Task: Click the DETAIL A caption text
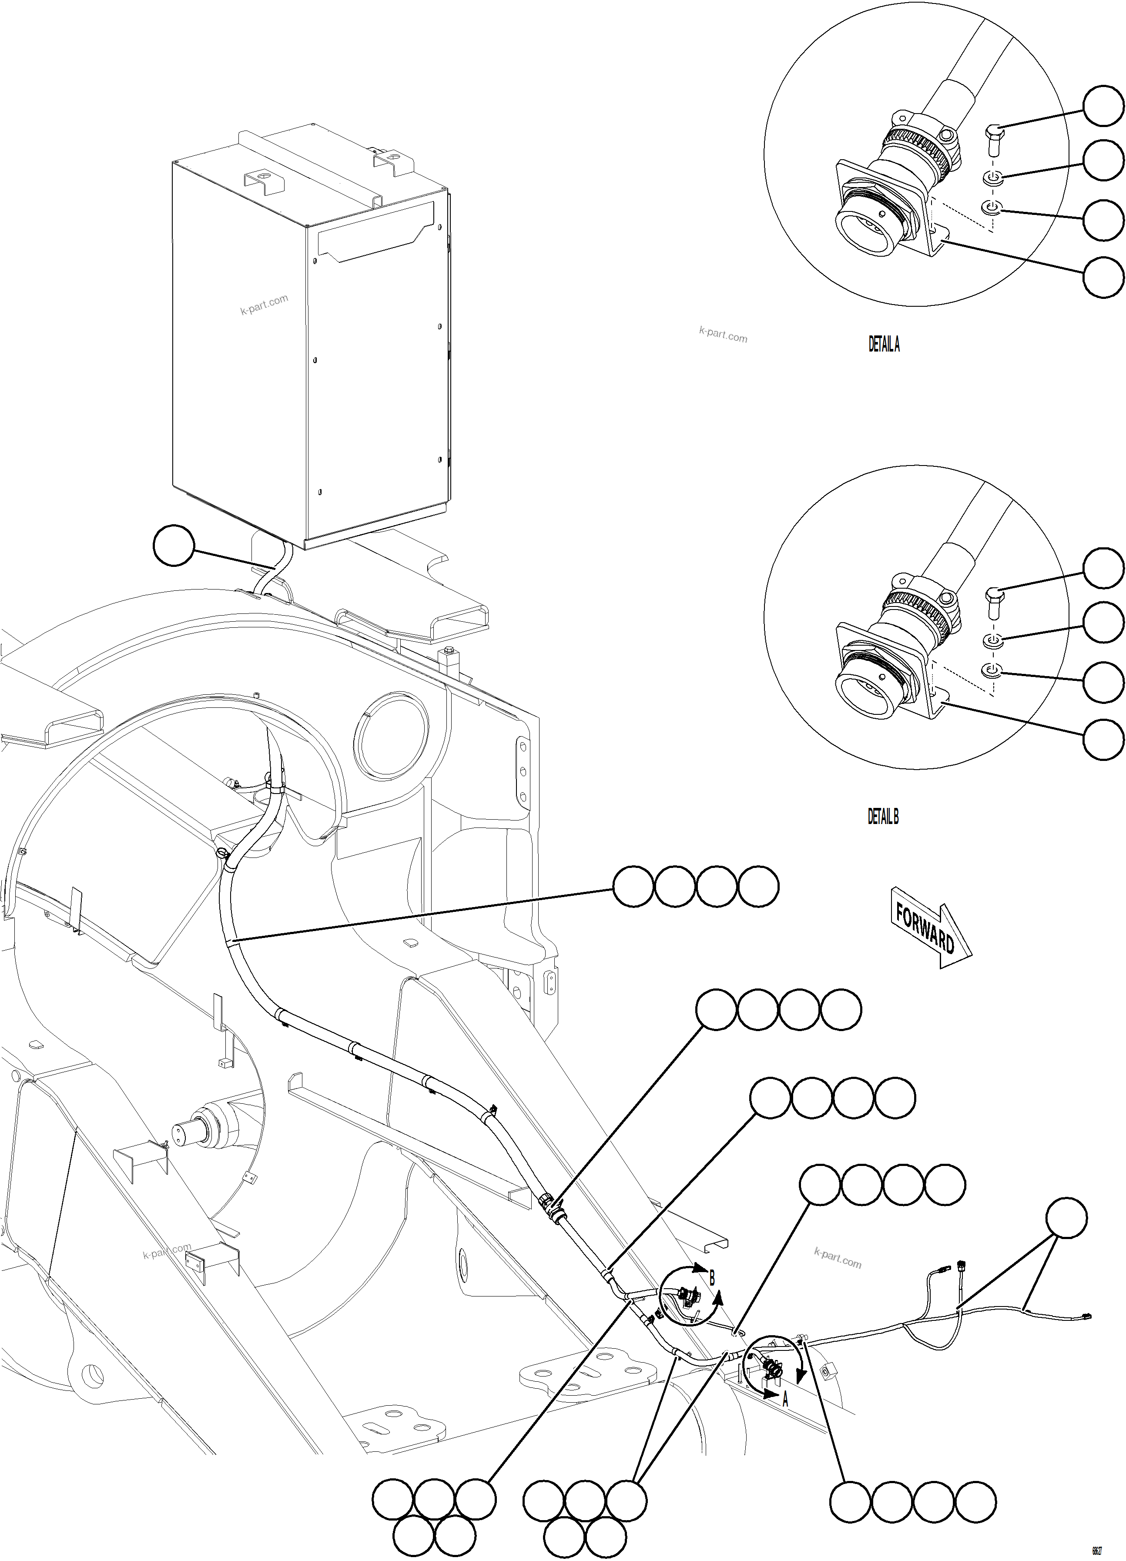click(884, 344)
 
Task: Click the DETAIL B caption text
click(883, 817)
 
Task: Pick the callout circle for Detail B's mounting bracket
click(1103, 740)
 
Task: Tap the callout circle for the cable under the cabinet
click(174, 546)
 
